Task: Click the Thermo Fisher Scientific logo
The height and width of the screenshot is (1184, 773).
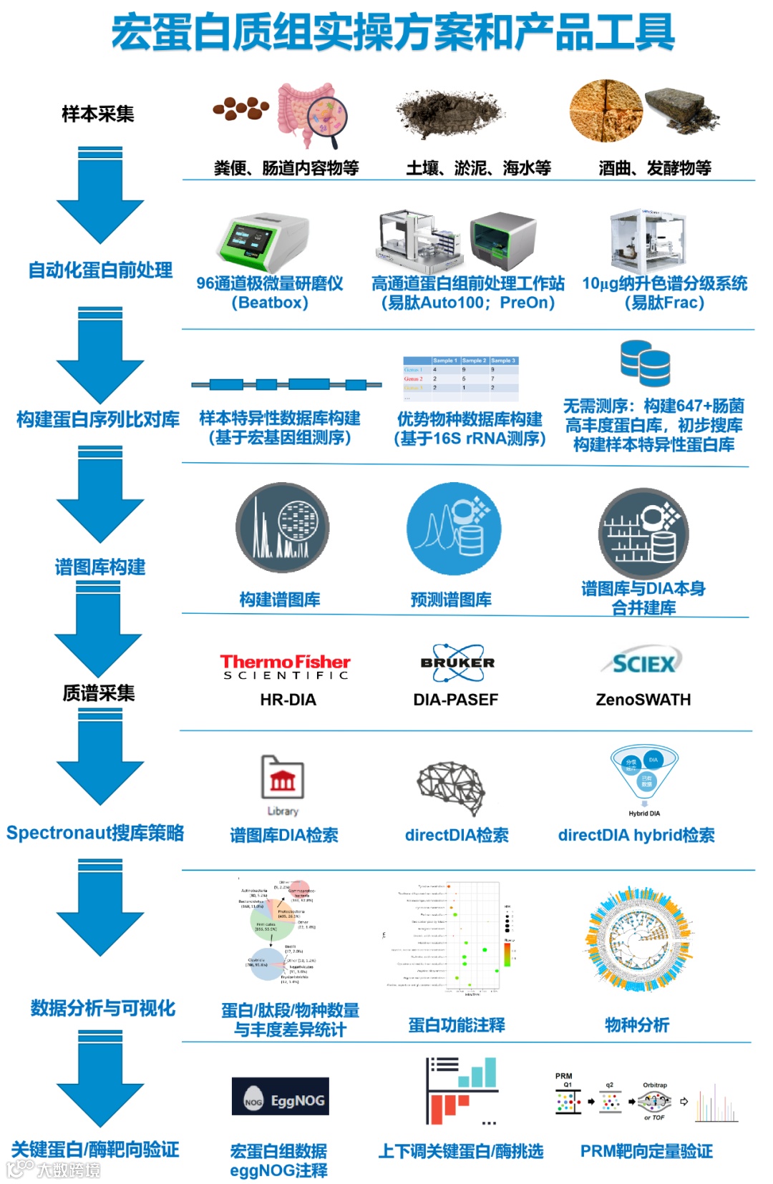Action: coord(285,666)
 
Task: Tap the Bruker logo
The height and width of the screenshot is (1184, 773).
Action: coord(457,662)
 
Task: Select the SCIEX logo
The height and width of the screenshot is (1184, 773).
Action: coord(643,663)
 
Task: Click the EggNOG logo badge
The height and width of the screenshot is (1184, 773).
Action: coord(281,1096)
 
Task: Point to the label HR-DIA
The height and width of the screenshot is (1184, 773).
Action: coord(288,700)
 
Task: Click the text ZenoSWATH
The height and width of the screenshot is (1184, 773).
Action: coord(643,700)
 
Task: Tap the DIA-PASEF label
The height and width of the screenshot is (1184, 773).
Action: coord(455,700)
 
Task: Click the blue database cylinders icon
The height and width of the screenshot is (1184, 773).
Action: coord(646,363)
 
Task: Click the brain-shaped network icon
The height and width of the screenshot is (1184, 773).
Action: coord(452,787)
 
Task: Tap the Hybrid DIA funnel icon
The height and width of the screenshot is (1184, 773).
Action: coord(644,775)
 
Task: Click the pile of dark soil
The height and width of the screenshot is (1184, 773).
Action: coord(451,114)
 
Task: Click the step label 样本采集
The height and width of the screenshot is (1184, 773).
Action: coord(98,114)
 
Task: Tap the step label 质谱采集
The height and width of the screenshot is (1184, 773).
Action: coord(99,693)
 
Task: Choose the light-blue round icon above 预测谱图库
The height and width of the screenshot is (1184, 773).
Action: coord(453,529)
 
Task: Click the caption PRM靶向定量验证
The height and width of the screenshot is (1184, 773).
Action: coord(646,1151)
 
